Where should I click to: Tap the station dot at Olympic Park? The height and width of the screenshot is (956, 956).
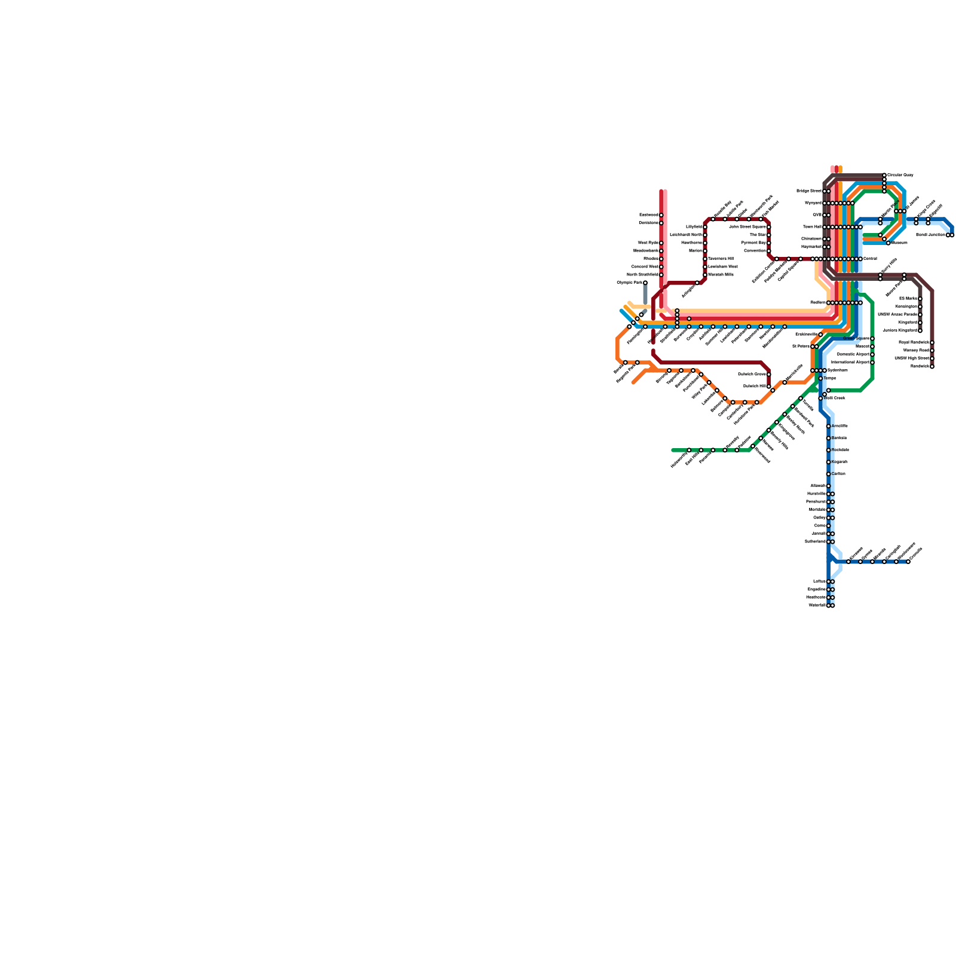645,283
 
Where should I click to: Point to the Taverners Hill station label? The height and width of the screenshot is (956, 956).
721,259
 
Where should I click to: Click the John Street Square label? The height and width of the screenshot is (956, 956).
747,227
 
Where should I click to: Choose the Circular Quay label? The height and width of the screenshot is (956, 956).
900,175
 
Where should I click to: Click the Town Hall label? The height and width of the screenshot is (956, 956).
813,227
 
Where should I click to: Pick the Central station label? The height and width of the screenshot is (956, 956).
870,259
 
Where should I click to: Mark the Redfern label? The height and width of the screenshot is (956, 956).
819,303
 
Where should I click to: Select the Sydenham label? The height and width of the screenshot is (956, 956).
838,370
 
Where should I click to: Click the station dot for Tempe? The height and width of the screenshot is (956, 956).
820,379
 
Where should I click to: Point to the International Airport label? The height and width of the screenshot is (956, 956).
850,362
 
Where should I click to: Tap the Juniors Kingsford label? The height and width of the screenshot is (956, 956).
900,330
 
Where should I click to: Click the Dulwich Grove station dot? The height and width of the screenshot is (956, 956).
769,375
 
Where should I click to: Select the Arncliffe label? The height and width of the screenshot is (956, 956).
839,426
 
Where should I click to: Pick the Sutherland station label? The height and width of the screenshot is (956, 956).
816,542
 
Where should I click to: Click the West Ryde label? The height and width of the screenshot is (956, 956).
648,243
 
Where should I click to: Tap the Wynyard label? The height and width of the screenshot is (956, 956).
813,203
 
